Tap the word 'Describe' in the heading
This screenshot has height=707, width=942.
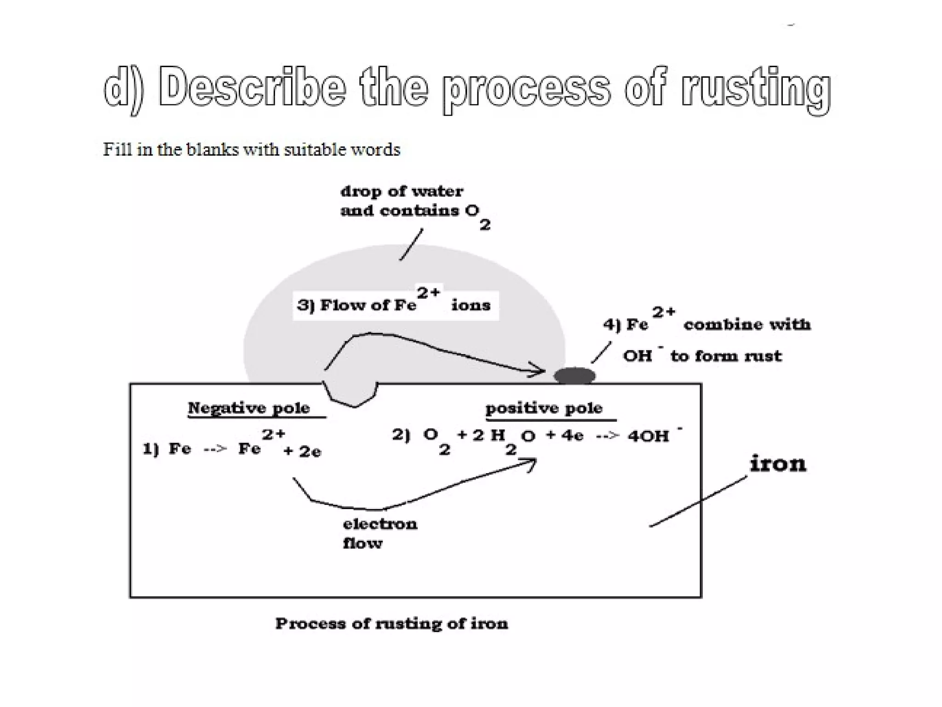[x=252, y=87]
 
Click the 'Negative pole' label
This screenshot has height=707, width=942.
[x=249, y=408]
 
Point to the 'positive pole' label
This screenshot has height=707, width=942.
[x=544, y=408]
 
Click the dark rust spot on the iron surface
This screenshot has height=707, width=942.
[x=574, y=376]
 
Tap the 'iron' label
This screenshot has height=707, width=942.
[x=778, y=463]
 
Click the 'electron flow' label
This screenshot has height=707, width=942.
[x=379, y=533]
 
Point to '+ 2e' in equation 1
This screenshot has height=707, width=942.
[x=302, y=451]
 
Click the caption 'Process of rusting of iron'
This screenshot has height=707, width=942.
[x=391, y=624]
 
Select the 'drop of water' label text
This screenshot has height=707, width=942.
[x=402, y=191]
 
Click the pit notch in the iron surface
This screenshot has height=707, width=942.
[x=352, y=394]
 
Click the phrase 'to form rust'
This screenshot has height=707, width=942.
[x=726, y=356]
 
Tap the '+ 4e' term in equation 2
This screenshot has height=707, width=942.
[x=564, y=435]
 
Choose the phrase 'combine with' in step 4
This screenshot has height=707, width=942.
[x=747, y=325]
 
